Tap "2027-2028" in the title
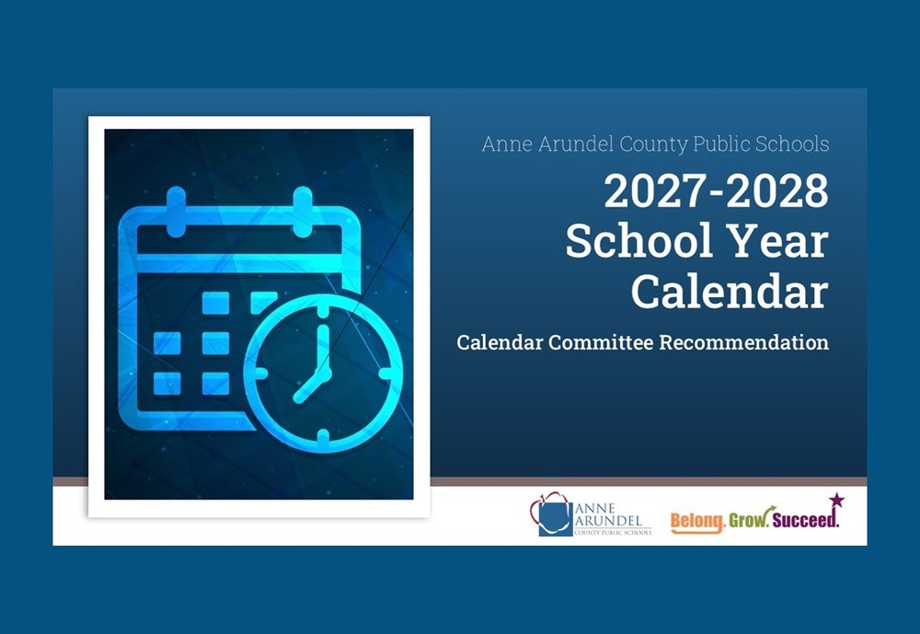[716, 192]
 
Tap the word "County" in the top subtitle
[642, 144]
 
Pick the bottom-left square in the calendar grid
[167, 383]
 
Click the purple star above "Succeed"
[835, 501]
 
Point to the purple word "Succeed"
[805, 521]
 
